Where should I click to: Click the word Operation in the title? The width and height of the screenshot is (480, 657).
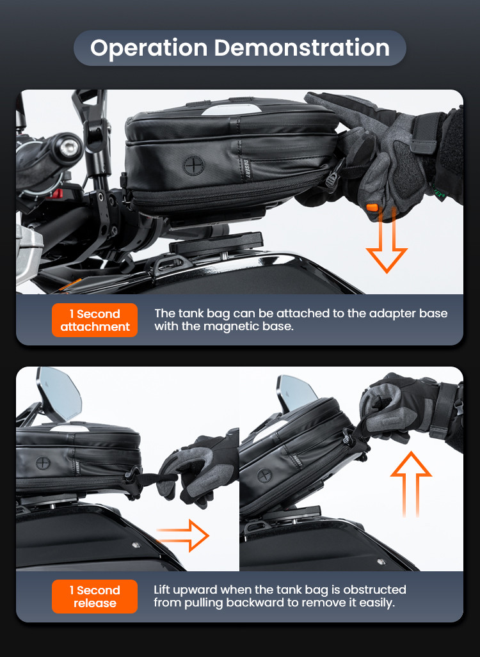[149, 48]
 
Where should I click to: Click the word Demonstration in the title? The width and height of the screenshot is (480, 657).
[302, 47]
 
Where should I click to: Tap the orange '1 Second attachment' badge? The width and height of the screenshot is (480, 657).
[95, 320]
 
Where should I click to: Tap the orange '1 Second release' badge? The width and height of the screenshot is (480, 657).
[95, 596]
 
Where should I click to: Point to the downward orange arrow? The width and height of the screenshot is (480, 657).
[387, 241]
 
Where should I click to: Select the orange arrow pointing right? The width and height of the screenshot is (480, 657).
[183, 535]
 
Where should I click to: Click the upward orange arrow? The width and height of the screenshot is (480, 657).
[411, 484]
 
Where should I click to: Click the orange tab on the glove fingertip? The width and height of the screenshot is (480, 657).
[372, 207]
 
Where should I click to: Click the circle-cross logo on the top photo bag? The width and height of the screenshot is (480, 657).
[193, 165]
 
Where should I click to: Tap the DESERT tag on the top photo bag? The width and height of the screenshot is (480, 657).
[246, 170]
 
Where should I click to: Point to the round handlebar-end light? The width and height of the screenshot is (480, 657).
[68, 147]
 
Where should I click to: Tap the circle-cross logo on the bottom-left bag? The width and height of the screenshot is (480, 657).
[43, 463]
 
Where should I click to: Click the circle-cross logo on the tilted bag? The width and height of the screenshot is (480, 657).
[264, 476]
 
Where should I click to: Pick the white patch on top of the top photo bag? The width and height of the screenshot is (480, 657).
[232, 110]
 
